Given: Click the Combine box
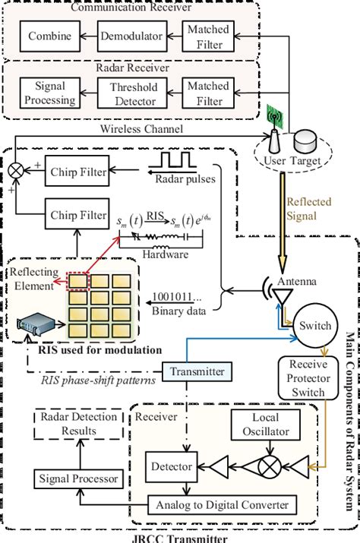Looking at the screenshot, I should [50, 36].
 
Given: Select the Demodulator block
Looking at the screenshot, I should [128, 36].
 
